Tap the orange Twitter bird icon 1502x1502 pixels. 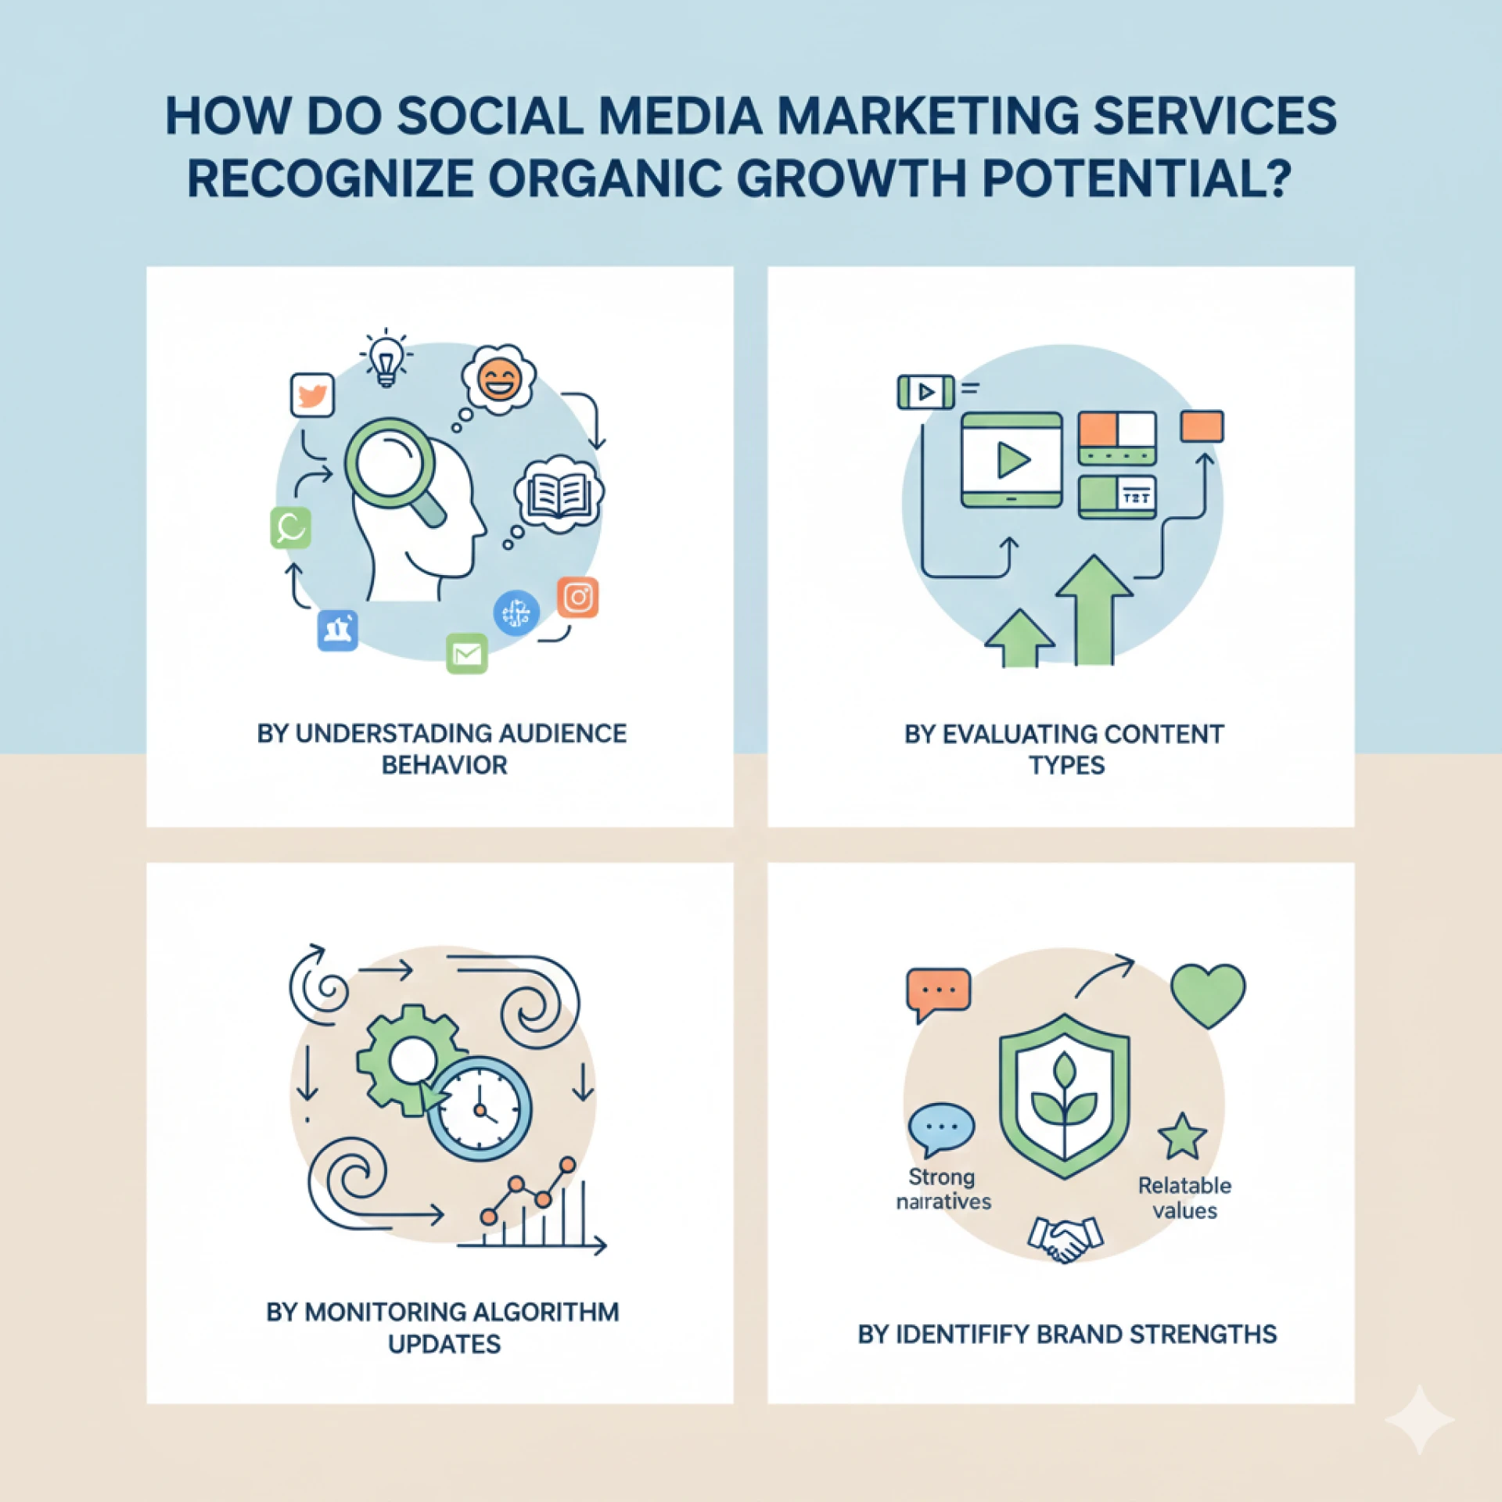click(312, 395)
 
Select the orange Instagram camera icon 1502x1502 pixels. click(578, 598)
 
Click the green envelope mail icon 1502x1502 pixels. click(467, 654)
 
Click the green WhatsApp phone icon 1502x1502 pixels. click(290, 527)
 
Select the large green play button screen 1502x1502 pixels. click(1012, 460)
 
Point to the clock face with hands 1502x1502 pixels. click(479, 1108)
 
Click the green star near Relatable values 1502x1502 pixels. click(1182, 1137)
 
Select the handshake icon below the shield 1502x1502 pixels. click(1065, 1238)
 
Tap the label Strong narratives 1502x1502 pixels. click(943, 1189)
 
